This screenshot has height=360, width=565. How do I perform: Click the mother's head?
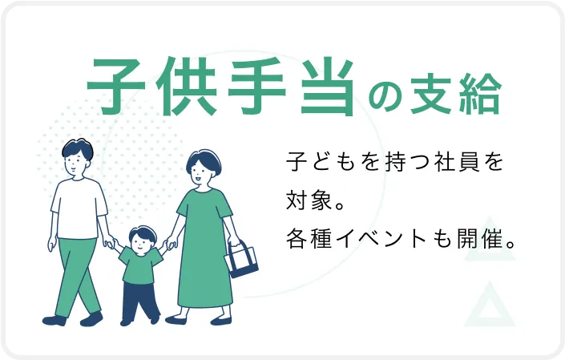click(x=200, y=167)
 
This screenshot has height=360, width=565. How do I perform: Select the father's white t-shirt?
click(x=79, y=206)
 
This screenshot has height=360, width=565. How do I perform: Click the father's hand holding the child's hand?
click(x=110, y=242)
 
